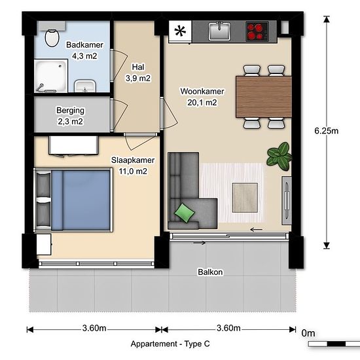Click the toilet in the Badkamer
coord(52,38)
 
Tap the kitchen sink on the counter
coord(219,31)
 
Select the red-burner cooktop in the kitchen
coord(257,31)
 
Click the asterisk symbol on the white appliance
coord(180,31)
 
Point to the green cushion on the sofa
coord(185,213)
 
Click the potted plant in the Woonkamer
coord(279,156)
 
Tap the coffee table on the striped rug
coord(245,198)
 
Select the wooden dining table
coord(264,97)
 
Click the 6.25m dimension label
coord(326,131)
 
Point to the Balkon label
coord(210,272)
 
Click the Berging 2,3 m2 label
coord(70,116)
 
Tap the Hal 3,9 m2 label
coord(138,73)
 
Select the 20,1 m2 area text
coord(202,102)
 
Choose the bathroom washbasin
coord(84,86)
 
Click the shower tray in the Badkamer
coord(51,76)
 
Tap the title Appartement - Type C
coord(170,344)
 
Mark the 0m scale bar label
coord(308,333)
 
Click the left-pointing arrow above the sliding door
coord(256,229)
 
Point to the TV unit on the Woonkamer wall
coord(287,200)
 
